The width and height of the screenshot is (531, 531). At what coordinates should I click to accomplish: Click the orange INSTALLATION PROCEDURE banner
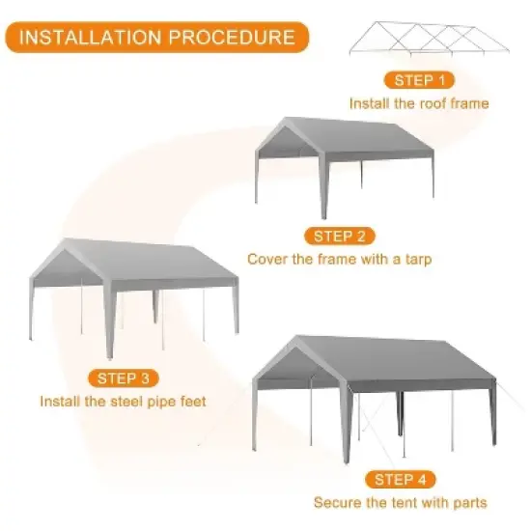coord(156,38)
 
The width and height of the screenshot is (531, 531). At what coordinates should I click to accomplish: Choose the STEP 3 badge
coord(129,377)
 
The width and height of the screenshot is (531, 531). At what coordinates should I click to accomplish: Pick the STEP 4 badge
coord(400,479)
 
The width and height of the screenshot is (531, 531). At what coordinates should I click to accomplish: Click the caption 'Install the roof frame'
coord(419,103)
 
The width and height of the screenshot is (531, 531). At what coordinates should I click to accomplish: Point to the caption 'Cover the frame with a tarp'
coord(339,259)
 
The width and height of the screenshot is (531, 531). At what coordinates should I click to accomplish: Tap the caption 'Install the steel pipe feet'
coord(122,400)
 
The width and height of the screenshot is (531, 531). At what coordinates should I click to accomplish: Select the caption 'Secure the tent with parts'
coord(400,502)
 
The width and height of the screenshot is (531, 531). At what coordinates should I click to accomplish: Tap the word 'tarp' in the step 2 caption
coord(416,260)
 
